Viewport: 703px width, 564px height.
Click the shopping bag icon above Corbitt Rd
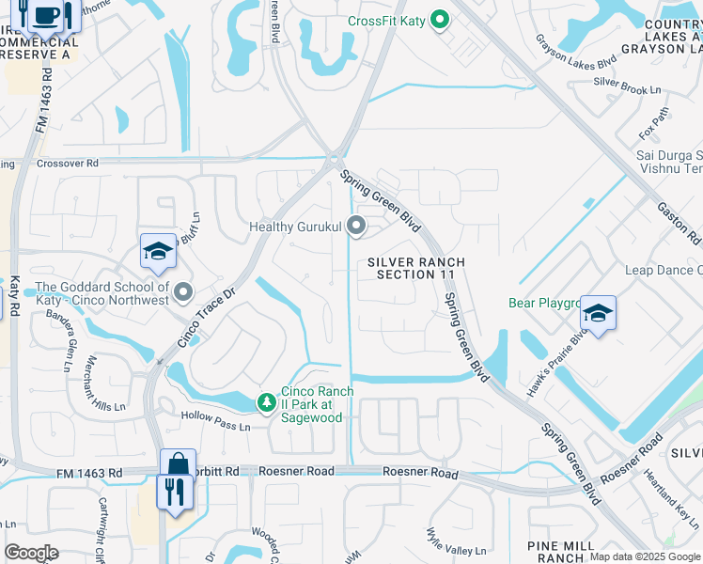coord(178,464)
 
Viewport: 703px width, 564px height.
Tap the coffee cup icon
coord(45,14)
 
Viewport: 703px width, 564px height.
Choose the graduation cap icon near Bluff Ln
coord(158,250)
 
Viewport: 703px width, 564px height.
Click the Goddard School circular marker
coord(182,293)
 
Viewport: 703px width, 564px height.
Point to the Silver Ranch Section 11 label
coord(415,268)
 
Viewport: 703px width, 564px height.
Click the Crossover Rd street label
coord(67,163)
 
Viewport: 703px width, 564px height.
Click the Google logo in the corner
coord(31,553)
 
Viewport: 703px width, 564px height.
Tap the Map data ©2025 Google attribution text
coord(644,556)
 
